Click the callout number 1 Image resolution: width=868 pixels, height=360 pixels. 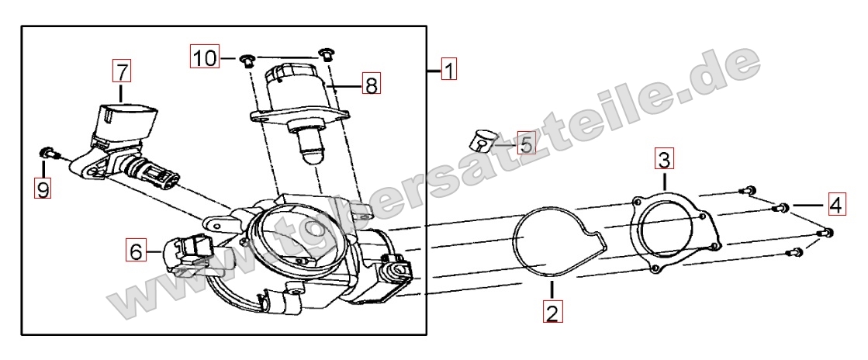click(449, 70)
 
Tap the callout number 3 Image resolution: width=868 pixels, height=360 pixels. click(664, 159)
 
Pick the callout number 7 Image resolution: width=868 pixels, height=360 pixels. click(123, 71)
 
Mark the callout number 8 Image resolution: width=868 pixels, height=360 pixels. click(372, 85)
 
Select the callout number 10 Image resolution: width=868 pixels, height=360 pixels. click(206, 57)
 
